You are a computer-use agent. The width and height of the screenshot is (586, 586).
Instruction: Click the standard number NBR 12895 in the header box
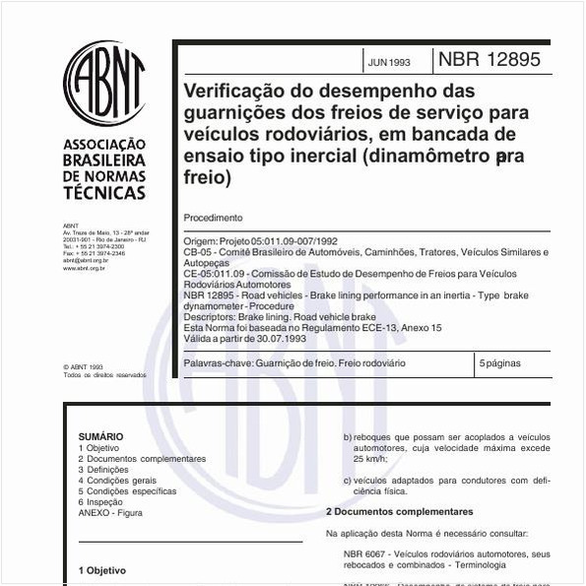pyautogui.click(x=489, y=59)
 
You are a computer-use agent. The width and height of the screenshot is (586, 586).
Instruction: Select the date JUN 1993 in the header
pyautogui.click(x=390, y=62)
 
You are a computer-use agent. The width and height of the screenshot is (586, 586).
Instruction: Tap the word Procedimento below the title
pyautogui.click(x=213, y=218)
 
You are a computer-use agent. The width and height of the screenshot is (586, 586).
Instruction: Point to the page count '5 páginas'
pyautogui.click(x=499, y=363)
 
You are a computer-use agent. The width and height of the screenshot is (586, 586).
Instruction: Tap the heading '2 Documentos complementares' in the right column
pyautogui.click(x=399, y=512)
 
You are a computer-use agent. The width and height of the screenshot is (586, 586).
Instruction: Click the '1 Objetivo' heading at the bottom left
pyautogui.click(x=102, y=570)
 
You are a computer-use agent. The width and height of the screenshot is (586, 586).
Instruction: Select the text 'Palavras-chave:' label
pyautogui.click(x=218, y=363)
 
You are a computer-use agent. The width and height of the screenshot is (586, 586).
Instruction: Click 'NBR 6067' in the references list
pyautogui.click(x=361, y=554)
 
